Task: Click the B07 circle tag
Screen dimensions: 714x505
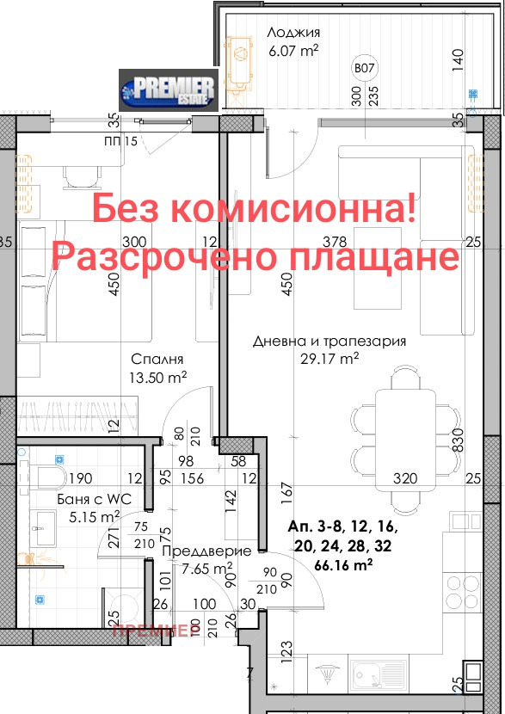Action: point(366,68)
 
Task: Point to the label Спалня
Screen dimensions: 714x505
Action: point(158,359)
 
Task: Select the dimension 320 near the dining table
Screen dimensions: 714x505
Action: point(405,478)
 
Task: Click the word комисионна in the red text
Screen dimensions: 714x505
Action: point(295,209)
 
